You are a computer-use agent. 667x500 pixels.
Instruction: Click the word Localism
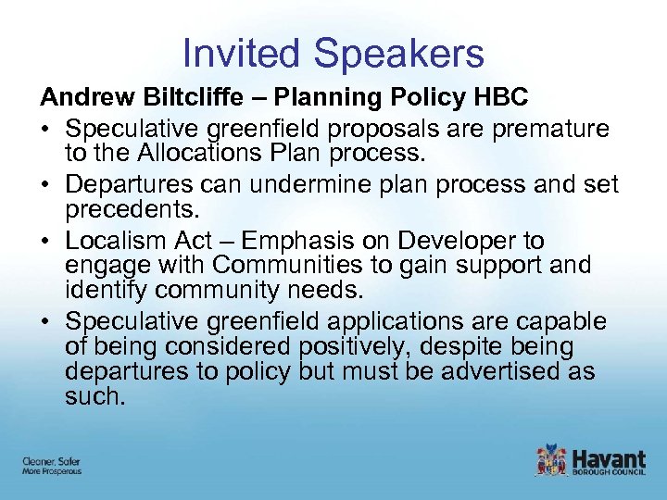pos(119,241)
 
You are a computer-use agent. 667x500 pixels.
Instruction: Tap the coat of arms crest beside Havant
pos(550,460)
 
